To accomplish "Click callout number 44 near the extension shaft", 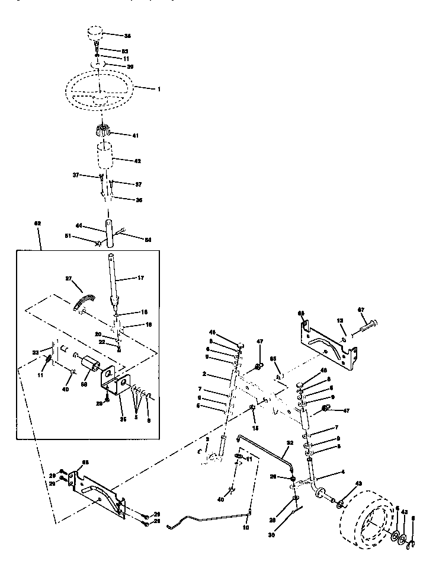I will (x=78, y=226).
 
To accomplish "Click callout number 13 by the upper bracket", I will (x=341, y=321).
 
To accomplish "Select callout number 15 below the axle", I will (x=256, y=428).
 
